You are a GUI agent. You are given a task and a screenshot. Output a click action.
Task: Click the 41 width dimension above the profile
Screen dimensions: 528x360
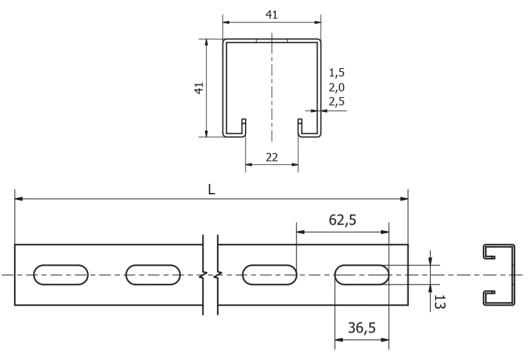(272, 15)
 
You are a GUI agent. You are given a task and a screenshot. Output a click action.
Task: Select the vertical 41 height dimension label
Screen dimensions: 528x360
(199, 88)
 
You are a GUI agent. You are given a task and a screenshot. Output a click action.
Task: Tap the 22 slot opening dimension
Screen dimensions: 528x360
(272, 157)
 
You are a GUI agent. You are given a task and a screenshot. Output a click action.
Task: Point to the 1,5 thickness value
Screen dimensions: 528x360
(337, 73)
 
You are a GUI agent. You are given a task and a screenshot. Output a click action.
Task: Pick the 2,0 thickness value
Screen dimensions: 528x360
(337, 87)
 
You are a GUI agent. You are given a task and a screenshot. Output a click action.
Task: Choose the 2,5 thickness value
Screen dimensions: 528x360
(337, 101)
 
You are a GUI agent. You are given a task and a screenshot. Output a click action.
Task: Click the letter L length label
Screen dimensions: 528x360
(211, 190)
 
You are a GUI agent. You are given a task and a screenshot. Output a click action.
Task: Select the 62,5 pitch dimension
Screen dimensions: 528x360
(342, 220)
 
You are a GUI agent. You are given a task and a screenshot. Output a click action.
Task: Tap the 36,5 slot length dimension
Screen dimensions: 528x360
(362, 328)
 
